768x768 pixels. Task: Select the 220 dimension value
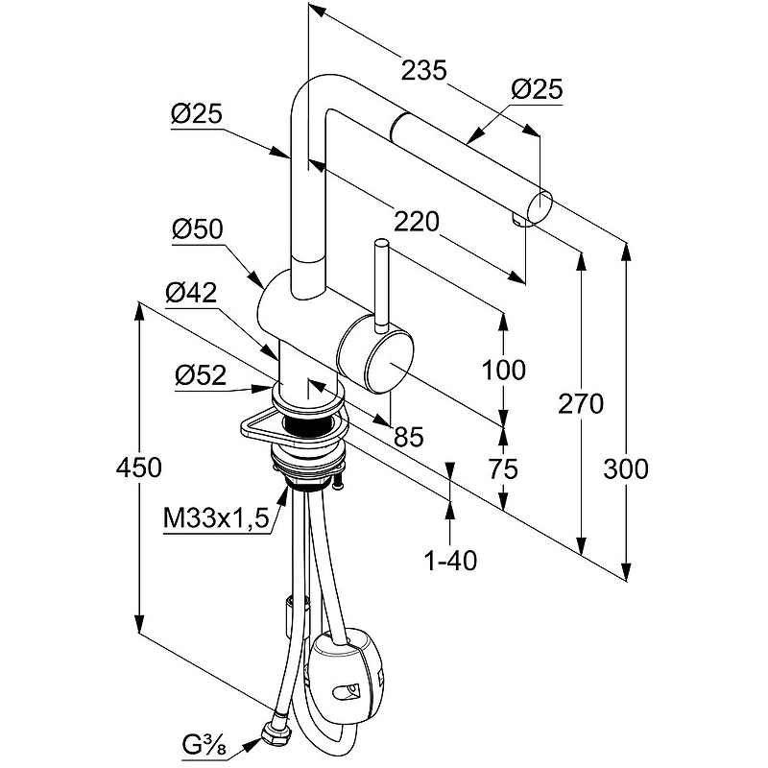pyautogui.click(x=417, y=223)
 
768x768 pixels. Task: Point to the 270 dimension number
pyautogui.click(x=581, y=404)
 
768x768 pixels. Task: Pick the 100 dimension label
pyautogui.click(x=504, y=369)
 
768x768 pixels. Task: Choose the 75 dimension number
pyautogui.click(x=502, y=468)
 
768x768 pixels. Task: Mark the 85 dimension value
pyautogui.click(x=408, y=438)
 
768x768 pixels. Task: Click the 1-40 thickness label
pyautogui.click(x=450, y=560)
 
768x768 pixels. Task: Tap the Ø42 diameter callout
pyautogui.click(x=190, y=294)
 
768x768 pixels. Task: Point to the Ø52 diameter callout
pyautogui.click(x=200, y=376)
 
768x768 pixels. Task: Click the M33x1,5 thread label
pyautogui.click(x=213, y=519)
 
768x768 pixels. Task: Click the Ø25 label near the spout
pyautogui.click(x=536, y=89)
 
